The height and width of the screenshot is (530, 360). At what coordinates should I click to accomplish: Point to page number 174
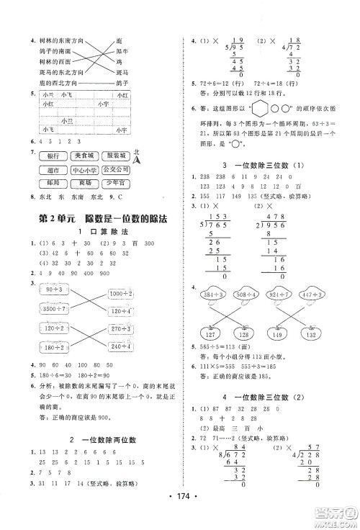click(x=180, y=515)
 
